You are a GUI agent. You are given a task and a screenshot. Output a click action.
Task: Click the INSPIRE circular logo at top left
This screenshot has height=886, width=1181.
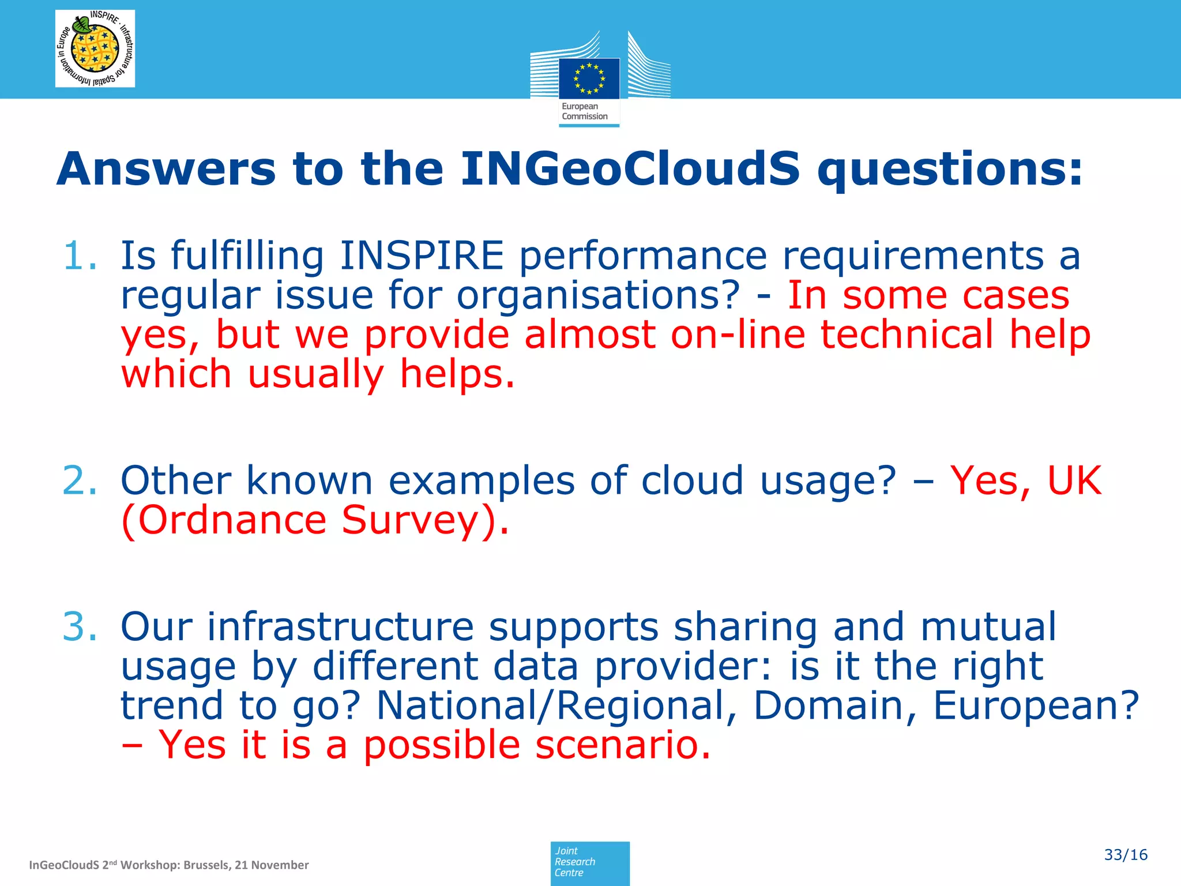95,48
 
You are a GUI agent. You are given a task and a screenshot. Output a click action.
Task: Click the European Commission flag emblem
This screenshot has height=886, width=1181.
589,78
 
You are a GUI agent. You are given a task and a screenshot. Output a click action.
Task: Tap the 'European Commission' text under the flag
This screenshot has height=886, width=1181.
584,111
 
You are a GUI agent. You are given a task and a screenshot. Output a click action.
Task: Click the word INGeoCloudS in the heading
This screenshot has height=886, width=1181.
630,169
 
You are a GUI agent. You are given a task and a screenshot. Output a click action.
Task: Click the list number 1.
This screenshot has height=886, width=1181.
80,256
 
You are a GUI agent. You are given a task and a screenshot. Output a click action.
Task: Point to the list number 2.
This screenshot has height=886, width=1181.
80,480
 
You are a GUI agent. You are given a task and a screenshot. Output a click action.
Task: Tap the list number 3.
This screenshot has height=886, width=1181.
80,627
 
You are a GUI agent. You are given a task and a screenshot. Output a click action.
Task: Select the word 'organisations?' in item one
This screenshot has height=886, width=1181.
598,295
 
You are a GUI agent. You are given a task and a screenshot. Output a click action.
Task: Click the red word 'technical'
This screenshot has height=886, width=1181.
907,335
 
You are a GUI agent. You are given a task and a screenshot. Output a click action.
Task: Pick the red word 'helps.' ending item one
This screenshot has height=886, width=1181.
457,374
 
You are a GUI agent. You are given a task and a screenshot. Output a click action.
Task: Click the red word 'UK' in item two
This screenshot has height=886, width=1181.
1074,480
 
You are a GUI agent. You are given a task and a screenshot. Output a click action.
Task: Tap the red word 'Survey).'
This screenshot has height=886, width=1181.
425,520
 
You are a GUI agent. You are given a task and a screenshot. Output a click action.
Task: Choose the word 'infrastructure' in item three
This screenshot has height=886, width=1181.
340,627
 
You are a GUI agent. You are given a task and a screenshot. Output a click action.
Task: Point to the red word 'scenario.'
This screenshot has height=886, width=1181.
623,745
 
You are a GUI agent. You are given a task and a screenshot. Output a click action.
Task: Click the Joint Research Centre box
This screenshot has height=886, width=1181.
589,862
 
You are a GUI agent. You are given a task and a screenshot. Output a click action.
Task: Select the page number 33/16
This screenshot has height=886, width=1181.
1125,855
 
